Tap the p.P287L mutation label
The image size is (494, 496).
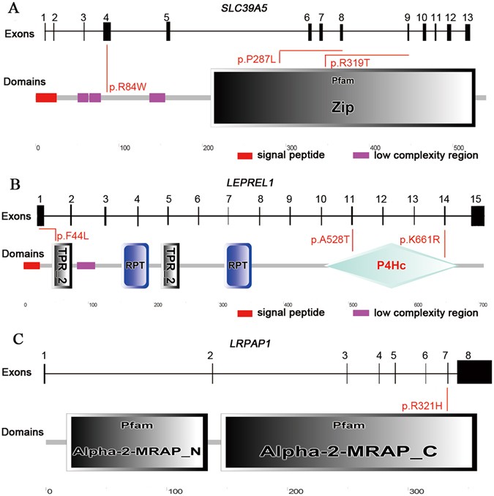256,58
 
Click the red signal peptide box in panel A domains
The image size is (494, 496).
46,97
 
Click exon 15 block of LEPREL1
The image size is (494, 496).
478,215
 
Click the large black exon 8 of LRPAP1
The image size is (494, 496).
474,372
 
